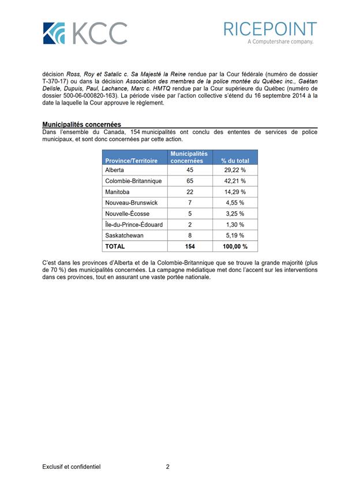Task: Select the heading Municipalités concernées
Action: [81, 124]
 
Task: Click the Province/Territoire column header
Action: [131, 161]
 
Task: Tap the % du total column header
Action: [235, 161]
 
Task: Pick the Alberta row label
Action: [115, 170]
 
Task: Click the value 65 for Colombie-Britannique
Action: [190, 181]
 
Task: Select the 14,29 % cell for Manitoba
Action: [235, 192]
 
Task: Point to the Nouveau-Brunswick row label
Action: [131, 203]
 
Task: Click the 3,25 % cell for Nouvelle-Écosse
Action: [235, 214]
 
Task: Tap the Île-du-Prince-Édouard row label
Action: [134, 225]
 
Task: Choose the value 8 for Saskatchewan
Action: [190, 236]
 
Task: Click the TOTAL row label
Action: [115, 247]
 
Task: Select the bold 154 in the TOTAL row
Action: [190, 247]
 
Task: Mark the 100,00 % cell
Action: [235, 247]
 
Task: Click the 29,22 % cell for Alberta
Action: [235, 170]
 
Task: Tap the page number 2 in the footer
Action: [167, 467]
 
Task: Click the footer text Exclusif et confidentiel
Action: [71, 467]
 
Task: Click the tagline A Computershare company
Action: [280, 42]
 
